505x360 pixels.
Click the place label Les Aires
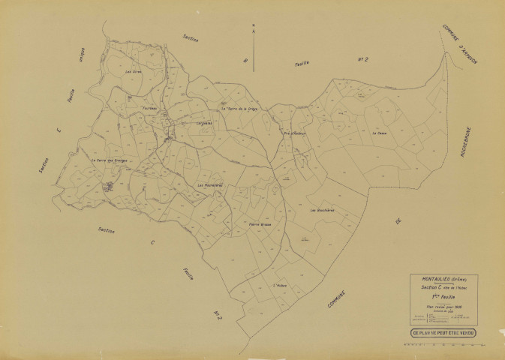pos(134,72)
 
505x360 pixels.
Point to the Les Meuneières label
pos(212,184)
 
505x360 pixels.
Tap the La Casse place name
pos(377,133)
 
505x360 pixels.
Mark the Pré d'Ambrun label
pos(296,135)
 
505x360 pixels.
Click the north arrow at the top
pos(254,45)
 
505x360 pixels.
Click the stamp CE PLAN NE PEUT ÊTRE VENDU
pos(443,331)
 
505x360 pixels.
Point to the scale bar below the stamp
pos(443,346)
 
